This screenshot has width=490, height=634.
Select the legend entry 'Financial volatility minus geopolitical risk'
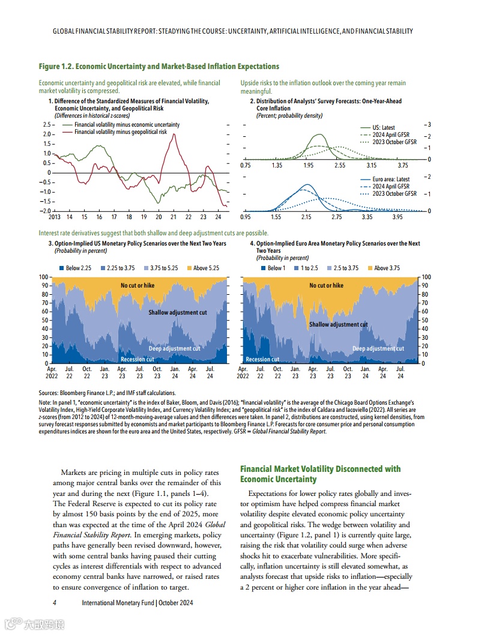coord(120,131)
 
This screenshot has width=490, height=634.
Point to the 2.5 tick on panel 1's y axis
coord(46,124)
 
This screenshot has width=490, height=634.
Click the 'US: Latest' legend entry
coord(384,127)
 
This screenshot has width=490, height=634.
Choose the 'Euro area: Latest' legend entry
coord(391,179)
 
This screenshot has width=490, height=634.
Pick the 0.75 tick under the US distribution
coord(245,165)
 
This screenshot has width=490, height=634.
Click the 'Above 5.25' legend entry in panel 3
coord(206,268)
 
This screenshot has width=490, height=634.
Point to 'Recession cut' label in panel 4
coord(262,359)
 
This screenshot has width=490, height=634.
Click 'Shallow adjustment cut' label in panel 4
coord(338,324)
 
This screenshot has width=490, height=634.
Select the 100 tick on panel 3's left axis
coord(43,277)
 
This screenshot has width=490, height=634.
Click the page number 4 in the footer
coord(55,602)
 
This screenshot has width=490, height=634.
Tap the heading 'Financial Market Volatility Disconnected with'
coord(320,468)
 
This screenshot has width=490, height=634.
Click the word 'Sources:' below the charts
coord(50,393)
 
